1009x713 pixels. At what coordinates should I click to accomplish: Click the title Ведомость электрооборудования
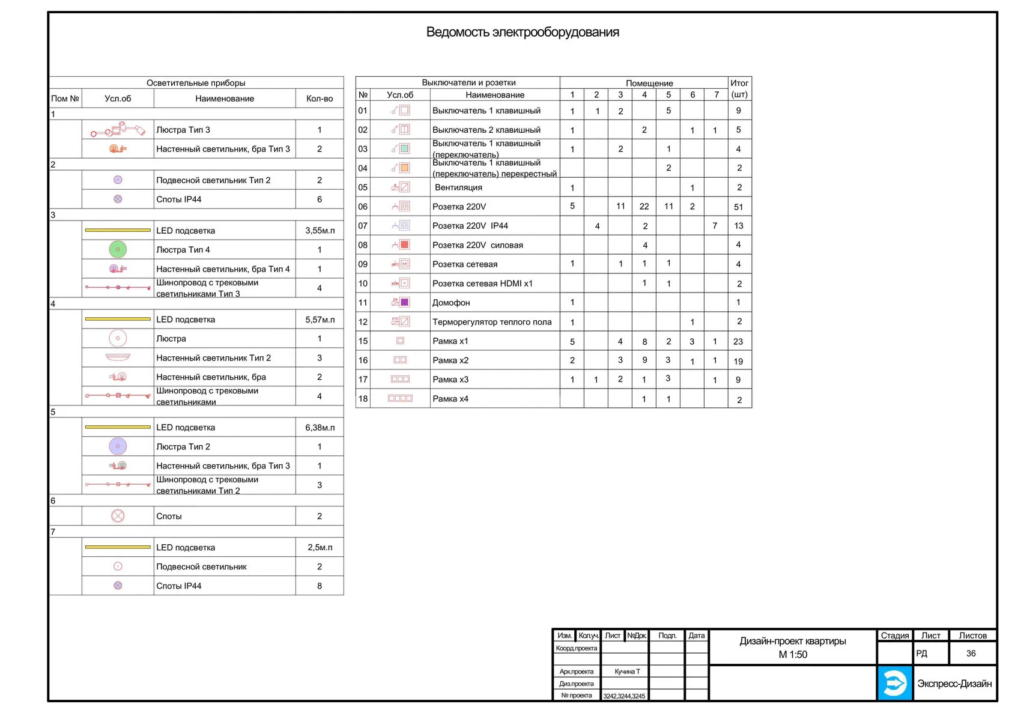522,32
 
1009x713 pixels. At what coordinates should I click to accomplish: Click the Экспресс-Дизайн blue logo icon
894,683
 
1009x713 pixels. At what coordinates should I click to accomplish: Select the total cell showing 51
738,207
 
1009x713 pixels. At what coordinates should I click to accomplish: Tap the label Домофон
451,303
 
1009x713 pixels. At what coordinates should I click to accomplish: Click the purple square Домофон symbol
405,302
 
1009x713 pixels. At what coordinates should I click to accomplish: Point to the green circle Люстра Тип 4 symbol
118,249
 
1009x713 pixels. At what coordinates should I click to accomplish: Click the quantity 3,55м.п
320,231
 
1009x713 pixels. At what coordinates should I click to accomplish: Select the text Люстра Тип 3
183,130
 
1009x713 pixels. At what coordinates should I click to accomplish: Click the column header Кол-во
320,99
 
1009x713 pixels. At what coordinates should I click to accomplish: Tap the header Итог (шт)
739,89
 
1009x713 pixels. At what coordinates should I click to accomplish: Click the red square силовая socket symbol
405,244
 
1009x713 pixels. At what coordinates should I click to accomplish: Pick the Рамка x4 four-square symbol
400,398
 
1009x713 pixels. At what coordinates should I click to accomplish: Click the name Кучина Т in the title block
627,672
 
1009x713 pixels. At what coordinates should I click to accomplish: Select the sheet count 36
971,654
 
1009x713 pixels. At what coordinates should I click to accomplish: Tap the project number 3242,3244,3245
624,696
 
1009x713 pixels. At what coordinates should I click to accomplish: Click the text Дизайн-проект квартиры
792,642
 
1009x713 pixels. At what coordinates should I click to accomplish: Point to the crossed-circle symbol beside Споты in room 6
118,516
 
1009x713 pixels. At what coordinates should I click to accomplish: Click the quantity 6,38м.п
320,428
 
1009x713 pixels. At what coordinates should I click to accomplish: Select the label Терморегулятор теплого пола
492,322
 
